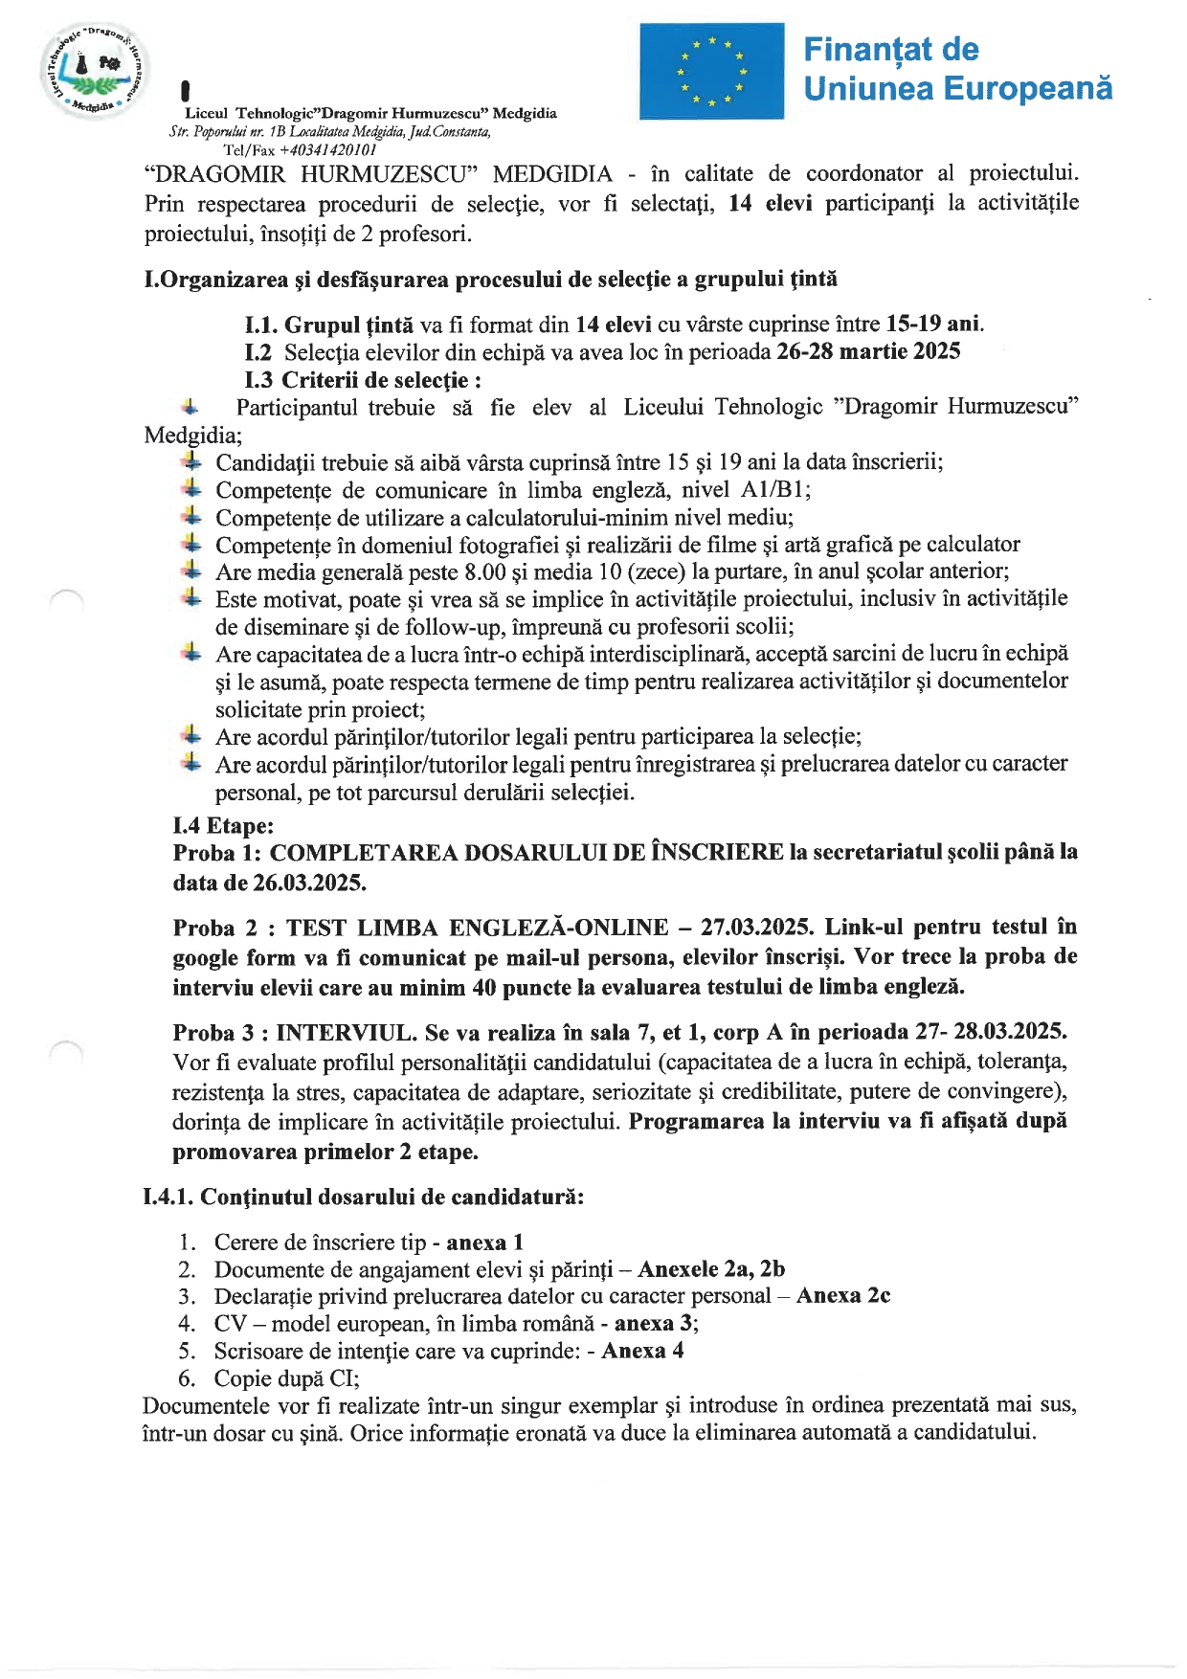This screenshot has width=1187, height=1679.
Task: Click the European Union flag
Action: (711, 72)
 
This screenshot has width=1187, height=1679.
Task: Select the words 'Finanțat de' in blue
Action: (890, 49)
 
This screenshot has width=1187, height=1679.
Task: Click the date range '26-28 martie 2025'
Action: (868, 351)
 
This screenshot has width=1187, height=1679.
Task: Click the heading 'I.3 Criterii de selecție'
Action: (363, 380)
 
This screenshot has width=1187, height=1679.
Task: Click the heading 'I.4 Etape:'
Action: (223, 825)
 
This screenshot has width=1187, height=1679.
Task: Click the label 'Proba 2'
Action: (216, 927)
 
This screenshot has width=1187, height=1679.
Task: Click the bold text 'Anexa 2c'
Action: (843, 1295)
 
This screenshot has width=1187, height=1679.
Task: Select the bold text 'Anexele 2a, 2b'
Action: (711, 1268)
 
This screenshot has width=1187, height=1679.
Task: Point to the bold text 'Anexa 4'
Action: (642, 1351)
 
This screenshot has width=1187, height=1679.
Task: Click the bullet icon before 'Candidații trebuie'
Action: (191, 461)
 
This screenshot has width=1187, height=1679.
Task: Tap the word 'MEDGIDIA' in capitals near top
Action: (552, 173)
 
